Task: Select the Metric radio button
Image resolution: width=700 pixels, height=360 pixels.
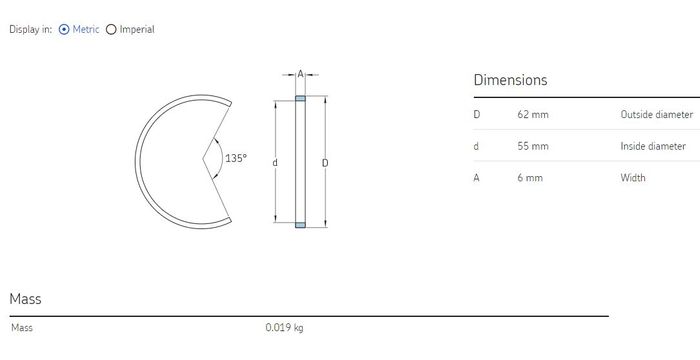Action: coord(64,30)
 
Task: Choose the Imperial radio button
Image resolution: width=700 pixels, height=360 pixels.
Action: coord(111,30)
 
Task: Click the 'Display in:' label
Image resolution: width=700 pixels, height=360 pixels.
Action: coord(30,30)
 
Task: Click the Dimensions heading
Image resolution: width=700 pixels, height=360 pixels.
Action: coord(510,80)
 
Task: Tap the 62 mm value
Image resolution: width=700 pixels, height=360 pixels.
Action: coord(533,114)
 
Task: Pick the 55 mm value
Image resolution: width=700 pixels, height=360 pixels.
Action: coord(533,146)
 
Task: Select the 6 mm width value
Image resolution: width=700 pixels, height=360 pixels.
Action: coord(530,178)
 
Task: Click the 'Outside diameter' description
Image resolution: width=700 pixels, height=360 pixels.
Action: coord(657,114)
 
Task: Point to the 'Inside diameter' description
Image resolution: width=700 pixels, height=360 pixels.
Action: coord(653,146)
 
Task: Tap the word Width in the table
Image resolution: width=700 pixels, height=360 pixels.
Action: coord(633,178)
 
